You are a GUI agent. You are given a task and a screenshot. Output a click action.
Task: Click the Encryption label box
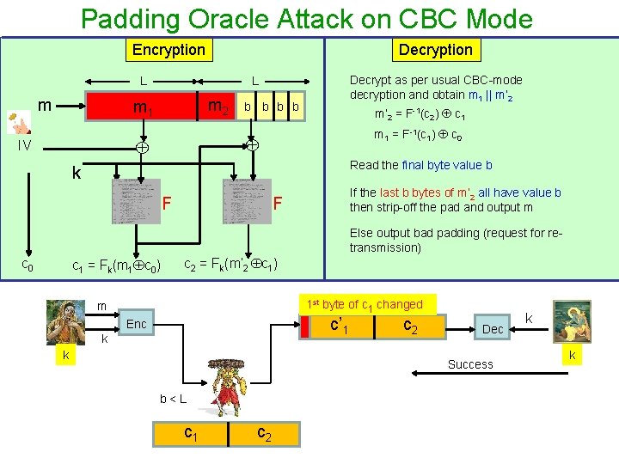click(169, 50)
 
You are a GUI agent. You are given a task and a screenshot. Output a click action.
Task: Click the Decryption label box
click(435, 50)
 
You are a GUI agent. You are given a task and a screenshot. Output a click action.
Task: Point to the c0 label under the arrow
click(28, 266)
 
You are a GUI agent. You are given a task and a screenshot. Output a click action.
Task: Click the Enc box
click(136, 324)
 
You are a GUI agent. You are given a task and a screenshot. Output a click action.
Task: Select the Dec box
click(493, 329)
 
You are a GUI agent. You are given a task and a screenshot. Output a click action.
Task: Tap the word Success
click(470, 364)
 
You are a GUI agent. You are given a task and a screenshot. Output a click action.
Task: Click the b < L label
click(173, 400)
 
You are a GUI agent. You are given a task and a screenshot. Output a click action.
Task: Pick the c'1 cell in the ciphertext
click(339, 327)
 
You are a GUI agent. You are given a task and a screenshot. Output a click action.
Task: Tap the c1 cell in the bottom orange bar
click(190, 434)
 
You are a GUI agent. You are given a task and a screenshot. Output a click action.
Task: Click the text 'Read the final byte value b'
click(420, 165)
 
